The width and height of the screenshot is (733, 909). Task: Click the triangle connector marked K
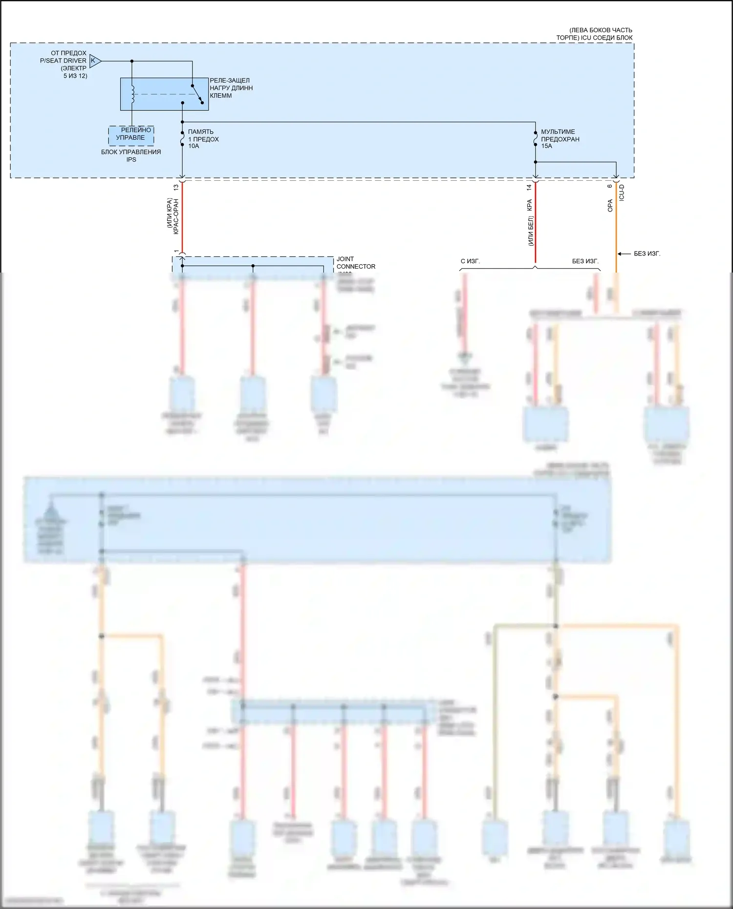(x=95, y=61)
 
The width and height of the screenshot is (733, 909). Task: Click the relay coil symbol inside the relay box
(x=132, y=94)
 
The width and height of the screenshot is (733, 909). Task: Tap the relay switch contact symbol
(x=197, y=94)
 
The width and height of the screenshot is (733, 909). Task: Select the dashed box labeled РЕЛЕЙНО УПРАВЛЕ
(x=131, y=134)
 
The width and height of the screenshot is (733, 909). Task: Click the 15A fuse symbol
(x=535, y=139)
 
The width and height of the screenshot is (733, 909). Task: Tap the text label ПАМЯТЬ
(x=200, y=132)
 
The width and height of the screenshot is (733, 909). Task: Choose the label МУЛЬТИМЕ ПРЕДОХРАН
(x=560, y=135)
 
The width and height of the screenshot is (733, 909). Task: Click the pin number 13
(x=176, y=187)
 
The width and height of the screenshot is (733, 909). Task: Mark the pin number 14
(x=529, y=187)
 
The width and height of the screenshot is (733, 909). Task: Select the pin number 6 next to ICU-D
(x=610, y=186)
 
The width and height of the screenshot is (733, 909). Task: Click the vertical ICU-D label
(x=622, y=193)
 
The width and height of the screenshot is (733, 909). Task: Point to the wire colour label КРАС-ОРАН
(x=176, y=216)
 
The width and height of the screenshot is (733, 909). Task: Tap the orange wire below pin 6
(x=616, y=230)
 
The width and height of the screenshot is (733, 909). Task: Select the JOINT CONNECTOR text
(x=356, y=263)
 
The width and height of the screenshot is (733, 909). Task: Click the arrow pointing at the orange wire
(x=624, y=254)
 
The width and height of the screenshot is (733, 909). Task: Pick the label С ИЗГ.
(x=470, y=261)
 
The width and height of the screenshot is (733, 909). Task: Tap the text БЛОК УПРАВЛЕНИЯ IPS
(x=131, y=155)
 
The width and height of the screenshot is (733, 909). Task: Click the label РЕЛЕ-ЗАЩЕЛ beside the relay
(x=230, y=81)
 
